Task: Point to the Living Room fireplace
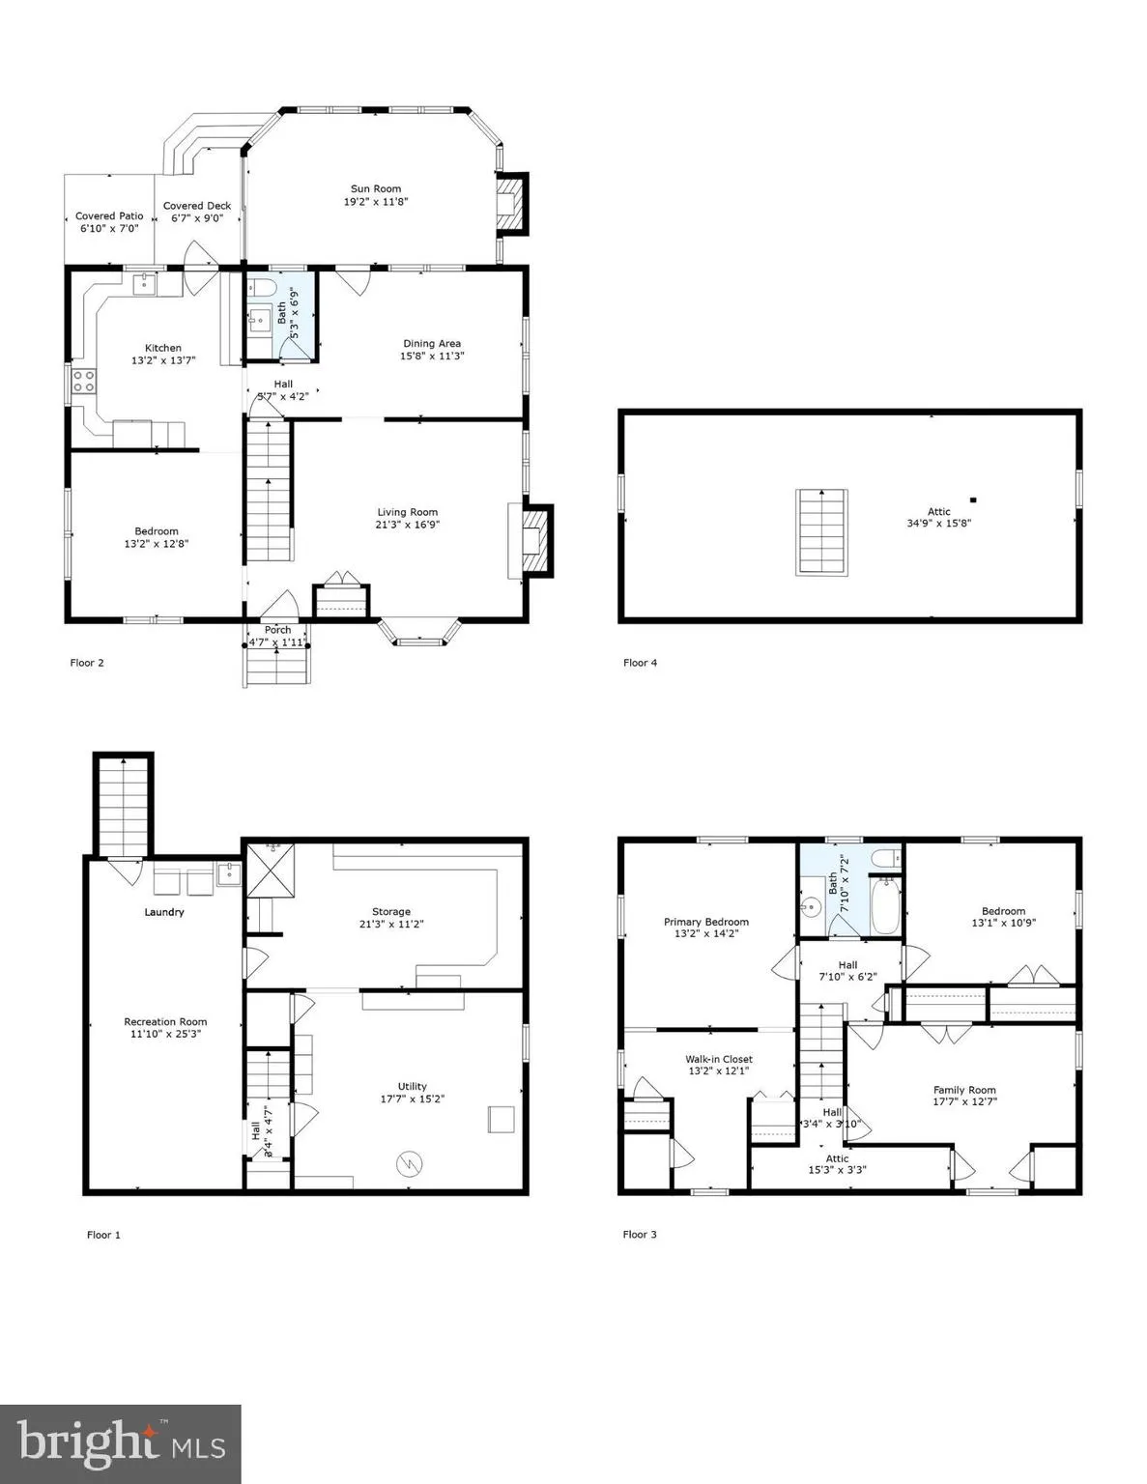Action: coord(530,540)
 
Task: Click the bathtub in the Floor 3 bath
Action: coord(885,905)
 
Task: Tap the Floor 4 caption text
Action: coord(640,663)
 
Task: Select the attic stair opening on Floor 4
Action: coord(821,532)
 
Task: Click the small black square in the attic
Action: coord(973,500)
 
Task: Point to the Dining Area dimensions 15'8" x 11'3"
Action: coord(431,356)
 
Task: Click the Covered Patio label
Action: coord(109,216)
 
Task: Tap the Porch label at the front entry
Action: coord(277,630)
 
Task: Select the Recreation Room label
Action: coord(165,1021)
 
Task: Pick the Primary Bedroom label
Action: coord(705,922)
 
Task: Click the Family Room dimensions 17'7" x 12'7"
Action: coord(964,1101)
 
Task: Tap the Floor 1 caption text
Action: coord(104,1234)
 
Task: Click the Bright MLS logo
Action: coord(121,1443)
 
